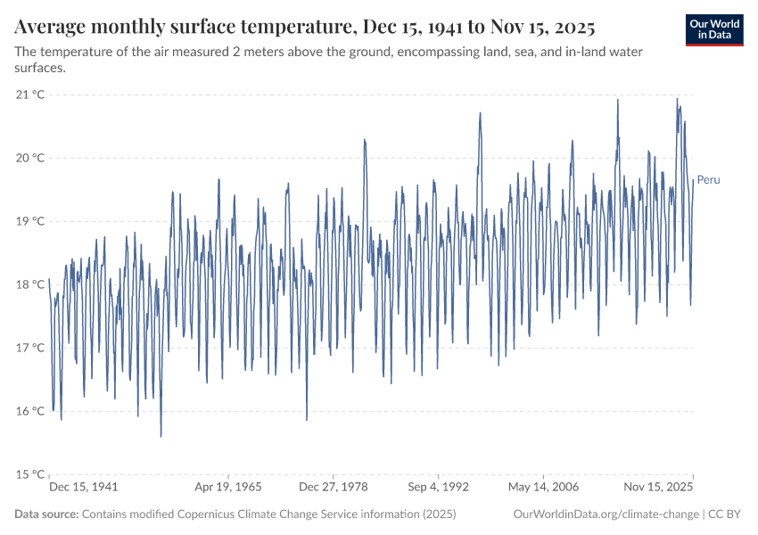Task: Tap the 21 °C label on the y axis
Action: click(x=30, y=95)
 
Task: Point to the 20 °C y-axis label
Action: click(x=30, y=158)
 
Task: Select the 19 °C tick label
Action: click(x=30, y=221)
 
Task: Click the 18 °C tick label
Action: click(x=30, y=284)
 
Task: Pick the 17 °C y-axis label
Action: click(x=30, y=348)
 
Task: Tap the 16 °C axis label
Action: click(x=30, y=411)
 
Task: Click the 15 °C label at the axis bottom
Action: click(x=30, y=474)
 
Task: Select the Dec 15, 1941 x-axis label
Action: click(x=84, y=488)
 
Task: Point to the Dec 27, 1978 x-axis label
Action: click(x=333, y=488)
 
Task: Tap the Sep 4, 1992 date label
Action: click(x=438, y=488)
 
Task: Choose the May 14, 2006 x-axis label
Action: click(x=543, y=488)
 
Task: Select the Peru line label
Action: click(x=708, y=180)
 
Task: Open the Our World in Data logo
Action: click(x=714, y=29)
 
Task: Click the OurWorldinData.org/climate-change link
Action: click(x=606, y=514)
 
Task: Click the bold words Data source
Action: click(x=46, y=514)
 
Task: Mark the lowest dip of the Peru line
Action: click(x=161, y=436)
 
